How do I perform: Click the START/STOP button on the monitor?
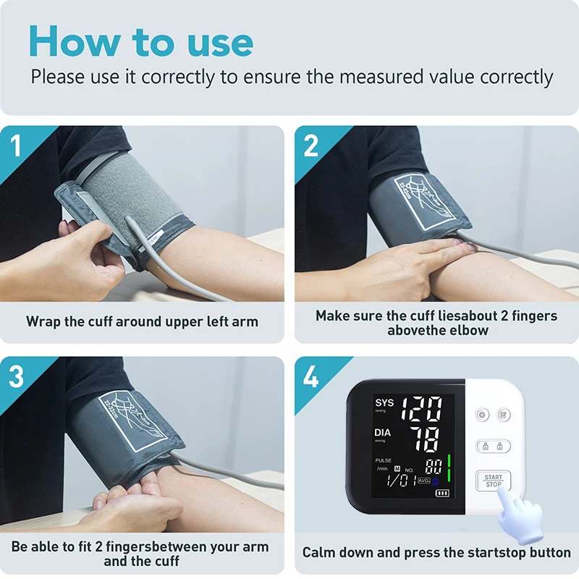tap(493, 481)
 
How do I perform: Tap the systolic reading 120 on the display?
tap(421, 410)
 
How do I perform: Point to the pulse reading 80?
tap(434, 466)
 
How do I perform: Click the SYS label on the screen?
tap(384, 402)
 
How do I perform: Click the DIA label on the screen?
tap(383, 433)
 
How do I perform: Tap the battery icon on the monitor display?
tap(441, 494)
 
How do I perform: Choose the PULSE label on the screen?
tap(383, 460)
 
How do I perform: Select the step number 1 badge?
tap(17, 145)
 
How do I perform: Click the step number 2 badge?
tap(311, 145)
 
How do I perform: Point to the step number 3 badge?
tap(17, 376)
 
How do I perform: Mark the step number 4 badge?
tap(311, 376)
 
